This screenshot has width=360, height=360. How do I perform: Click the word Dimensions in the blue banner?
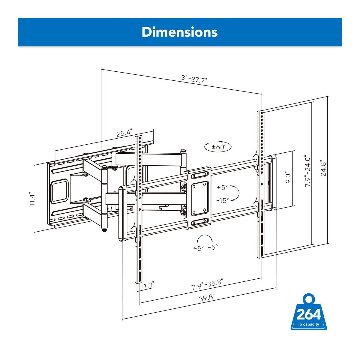point(180,32)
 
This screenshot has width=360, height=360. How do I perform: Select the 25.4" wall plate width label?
point(124,133)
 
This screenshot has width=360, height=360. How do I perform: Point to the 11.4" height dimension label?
point(32,199)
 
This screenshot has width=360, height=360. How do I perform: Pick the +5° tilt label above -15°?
point(222,187)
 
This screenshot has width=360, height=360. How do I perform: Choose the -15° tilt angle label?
point(223,201)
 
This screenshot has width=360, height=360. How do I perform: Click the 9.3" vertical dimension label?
point(288,178)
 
